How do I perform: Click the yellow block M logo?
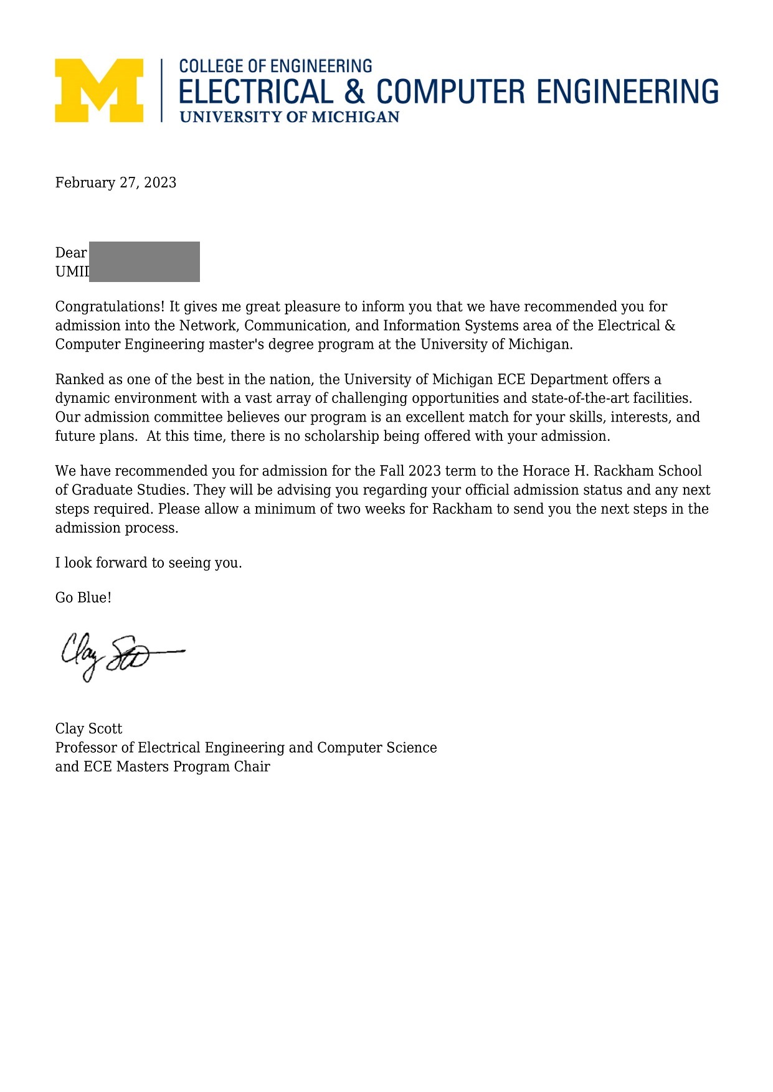click(99, 90)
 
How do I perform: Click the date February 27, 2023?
click(116, 182)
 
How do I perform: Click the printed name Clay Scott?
click(88, 729)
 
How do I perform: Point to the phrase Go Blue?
click(83, 598)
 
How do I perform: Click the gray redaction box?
click(145, 261)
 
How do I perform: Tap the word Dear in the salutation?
click(70, 253)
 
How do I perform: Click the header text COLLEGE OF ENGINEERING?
click(275, 66)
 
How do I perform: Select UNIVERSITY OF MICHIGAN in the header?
click(290, 117)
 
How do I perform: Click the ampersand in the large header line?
click(354, 92)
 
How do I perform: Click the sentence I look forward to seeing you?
click(148, 563)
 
